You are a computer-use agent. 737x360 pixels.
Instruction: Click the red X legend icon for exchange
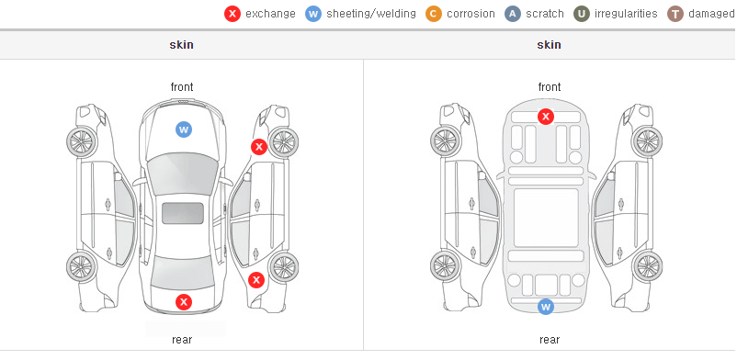232,14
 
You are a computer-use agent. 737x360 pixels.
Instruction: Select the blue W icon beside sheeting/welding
313,14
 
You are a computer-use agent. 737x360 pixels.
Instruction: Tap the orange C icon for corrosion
434,14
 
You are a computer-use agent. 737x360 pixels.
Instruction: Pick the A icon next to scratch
513,14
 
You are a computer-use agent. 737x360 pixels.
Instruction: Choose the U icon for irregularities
582,14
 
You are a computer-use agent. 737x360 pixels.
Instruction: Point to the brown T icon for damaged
675,14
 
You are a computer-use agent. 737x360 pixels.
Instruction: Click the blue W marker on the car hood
184,129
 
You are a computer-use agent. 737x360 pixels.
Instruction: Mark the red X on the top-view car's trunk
184,302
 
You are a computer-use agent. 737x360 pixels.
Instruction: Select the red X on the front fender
258,147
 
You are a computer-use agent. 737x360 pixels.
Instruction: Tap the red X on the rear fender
256,281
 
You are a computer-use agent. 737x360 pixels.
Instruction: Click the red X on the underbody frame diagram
545,116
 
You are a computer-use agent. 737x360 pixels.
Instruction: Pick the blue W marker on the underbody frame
545,307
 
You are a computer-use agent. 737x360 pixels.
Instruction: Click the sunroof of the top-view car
183,213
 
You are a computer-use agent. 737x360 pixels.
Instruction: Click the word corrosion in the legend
471,14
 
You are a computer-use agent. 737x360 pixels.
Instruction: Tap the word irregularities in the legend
626,14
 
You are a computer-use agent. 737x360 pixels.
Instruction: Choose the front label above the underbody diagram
550,87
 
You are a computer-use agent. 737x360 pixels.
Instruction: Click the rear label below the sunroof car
182,340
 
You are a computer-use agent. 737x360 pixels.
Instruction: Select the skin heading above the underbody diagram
549,45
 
